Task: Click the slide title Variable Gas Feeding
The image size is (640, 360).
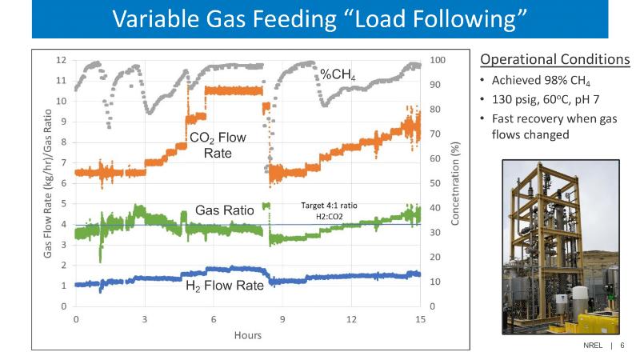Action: (x=319, y=18)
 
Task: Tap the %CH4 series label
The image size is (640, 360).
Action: (x=338, y=75)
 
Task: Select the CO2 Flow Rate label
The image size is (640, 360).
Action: (x=218, y=145)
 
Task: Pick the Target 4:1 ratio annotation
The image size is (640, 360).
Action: (x=329, y=210)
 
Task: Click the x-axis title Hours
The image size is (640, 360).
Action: (x=248, y=335)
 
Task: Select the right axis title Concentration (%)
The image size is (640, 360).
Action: (x=455, y=184)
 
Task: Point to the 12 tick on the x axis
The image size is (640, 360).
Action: (x=351, y=319)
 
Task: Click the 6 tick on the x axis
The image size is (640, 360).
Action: (x=214, y=319)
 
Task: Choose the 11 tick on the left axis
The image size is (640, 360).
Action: (x=61, y=81)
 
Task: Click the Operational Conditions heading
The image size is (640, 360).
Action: (x=554, y=60)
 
